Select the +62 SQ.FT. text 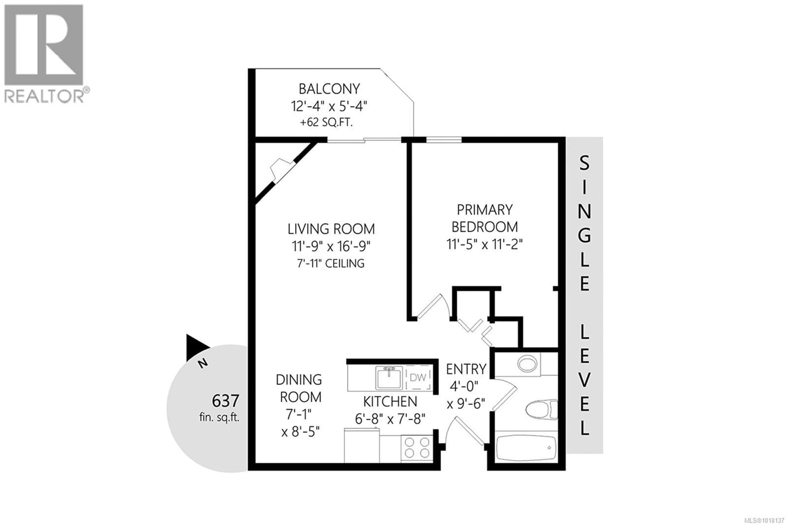point(326,123)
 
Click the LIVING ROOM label point(331,229)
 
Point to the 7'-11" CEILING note point(331,264)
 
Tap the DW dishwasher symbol point(418,378)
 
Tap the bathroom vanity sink point(527,363)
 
